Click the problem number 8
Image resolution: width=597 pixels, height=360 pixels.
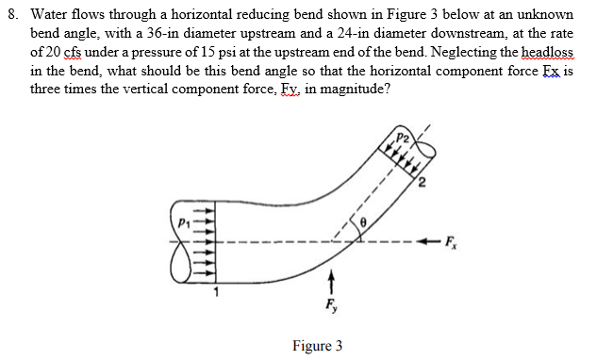(12, 17)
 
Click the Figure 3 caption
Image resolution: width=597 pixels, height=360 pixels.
(318, 346)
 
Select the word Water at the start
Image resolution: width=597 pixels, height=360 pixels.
(46, 17)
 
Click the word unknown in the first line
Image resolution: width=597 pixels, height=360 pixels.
(544, 17)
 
